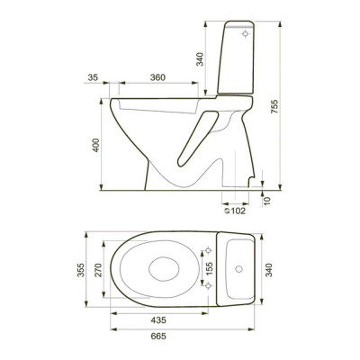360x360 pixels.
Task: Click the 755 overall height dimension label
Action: point(274,106)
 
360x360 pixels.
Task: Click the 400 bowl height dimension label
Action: point(95,145)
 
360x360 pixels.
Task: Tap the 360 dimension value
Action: point(157,77)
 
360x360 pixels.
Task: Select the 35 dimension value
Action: point(93,77)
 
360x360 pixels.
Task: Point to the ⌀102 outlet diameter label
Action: point(235,211)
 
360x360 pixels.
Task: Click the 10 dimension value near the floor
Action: point(267,201)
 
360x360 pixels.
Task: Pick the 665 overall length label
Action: point(158,337)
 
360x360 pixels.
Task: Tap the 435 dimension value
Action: point(158,320)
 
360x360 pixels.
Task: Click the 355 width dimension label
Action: point(81,270)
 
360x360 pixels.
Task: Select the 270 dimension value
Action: point(98,270)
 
